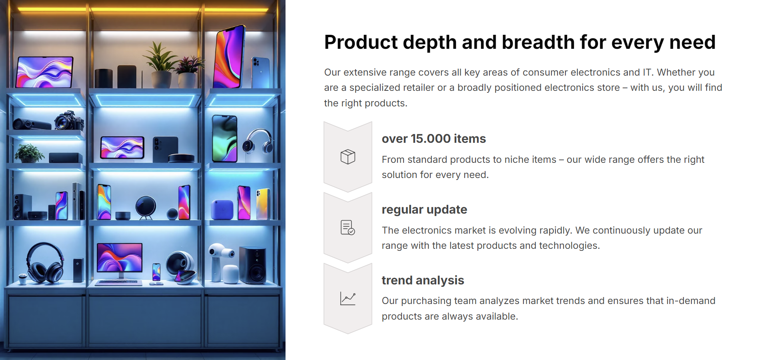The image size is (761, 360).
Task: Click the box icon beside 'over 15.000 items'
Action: (348, 156)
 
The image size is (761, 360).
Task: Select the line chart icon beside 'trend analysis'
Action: (348, 298)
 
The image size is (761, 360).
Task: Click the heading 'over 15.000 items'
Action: (433, 138)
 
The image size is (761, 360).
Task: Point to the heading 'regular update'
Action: (424, 210)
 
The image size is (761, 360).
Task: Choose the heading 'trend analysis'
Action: (423, 280)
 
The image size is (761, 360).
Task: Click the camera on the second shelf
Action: (69, 120)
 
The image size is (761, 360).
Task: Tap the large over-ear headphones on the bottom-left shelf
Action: (45, 263)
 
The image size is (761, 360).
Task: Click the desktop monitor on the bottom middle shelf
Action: (120, 261)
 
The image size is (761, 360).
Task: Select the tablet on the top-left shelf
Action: (45, 72)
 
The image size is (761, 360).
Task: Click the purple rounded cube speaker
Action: (222, 210)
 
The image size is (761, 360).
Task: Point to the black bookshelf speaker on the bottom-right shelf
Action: (253, 265)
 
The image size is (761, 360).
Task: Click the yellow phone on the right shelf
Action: (264, 204)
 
